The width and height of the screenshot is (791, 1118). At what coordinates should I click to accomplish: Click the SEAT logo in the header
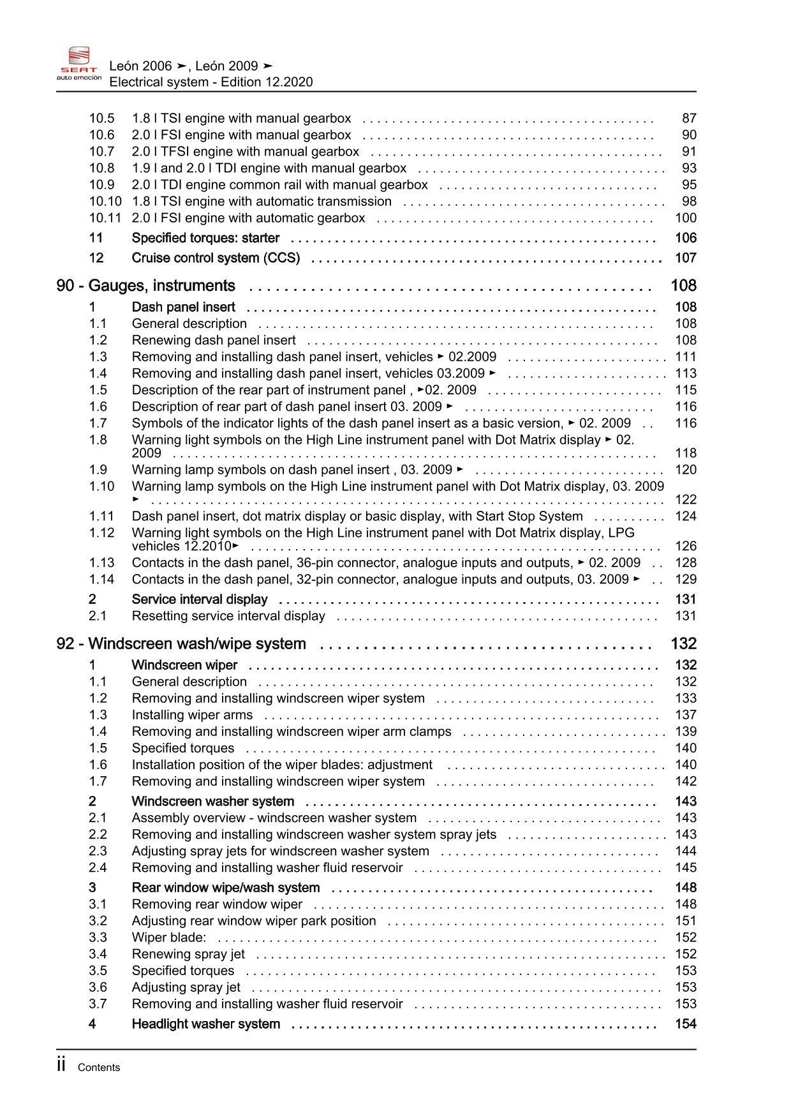(79, 63)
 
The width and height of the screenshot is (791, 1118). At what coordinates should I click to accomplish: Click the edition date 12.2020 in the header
(290, 82)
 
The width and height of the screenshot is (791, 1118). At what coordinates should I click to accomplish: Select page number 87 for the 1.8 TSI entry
(689, 119)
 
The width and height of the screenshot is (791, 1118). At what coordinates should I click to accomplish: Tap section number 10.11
(105, 218)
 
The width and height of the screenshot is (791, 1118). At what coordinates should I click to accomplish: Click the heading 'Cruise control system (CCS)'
(216, 258)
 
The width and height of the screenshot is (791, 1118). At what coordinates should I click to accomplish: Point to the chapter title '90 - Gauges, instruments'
(146, 286)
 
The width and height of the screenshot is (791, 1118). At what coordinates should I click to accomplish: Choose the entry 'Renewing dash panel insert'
(214, 341)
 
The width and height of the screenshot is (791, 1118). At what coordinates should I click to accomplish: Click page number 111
(686, 357)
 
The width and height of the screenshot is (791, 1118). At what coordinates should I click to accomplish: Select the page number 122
(686, 500)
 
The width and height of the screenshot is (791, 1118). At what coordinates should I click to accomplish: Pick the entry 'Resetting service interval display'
(228, 616)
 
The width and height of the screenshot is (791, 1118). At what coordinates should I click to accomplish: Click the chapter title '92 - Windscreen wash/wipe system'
(181, 644)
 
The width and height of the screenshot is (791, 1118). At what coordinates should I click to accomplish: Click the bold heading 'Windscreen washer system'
(213, 802)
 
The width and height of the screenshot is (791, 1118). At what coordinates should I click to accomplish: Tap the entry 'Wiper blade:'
(169, 938)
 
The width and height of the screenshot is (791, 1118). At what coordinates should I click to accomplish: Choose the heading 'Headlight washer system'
(206, 1024)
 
